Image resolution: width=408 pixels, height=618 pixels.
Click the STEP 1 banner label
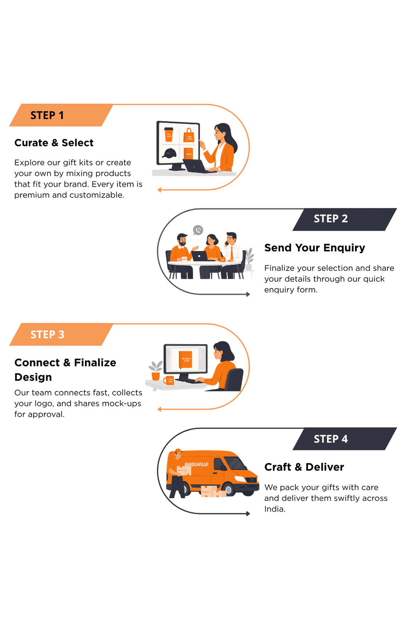(x=47, y=115)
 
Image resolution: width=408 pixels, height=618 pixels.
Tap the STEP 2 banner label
(x=331, y=219)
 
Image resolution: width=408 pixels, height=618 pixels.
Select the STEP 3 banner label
(x=47, y=335)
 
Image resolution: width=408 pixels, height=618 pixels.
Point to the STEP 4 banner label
(x=331, y=439)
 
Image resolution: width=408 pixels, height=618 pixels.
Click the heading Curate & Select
(x=54, y=143)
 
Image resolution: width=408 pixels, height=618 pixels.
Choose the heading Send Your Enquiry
(x=314, y=248)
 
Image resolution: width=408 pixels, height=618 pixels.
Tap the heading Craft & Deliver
(x=304, y=467)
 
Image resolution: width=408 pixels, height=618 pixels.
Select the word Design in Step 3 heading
(x=33, y=377)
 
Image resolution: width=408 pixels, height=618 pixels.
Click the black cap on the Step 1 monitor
(x=169, y=153)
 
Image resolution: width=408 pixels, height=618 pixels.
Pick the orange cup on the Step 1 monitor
(x=169, y=134)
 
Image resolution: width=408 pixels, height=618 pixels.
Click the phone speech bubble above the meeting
(x=198, y=230)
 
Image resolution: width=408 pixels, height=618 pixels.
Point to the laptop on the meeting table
(x=200, y=256)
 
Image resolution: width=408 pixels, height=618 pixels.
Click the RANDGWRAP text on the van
(x=197, y=465)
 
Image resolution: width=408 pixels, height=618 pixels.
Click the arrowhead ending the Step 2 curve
(x=248, y=294)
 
